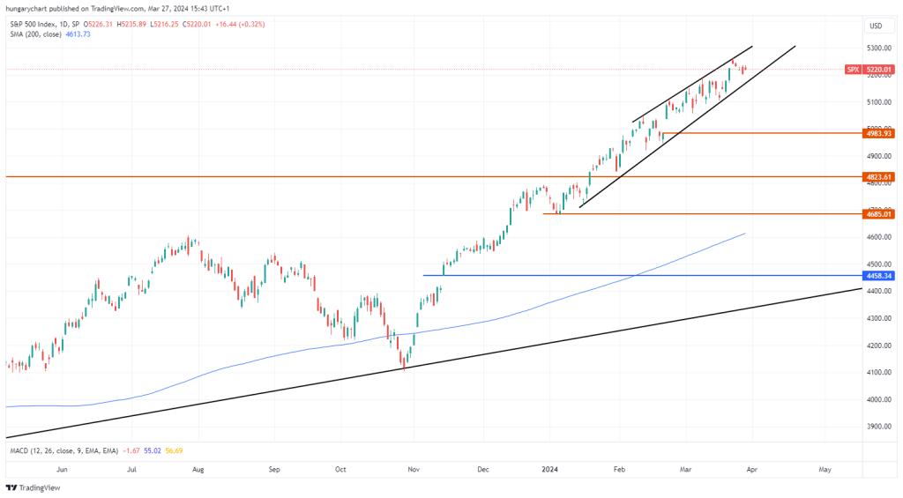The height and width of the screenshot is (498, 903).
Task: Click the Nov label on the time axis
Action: [413, 471]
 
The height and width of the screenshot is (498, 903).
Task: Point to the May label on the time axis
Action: [825, 471]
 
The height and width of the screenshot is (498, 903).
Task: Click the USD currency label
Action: [876, 26]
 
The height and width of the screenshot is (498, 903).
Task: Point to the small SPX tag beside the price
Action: [853, 69]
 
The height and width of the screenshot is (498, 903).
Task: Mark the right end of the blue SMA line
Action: [745, 234]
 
